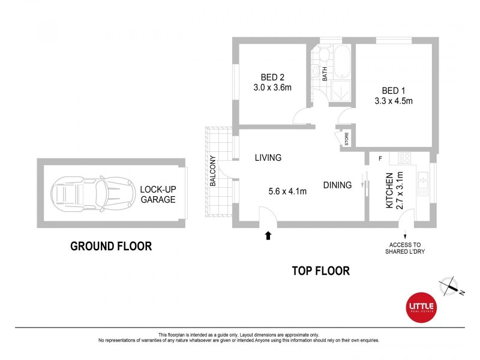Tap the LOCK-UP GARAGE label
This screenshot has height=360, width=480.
[x=158, y=194]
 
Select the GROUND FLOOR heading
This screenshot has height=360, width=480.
[x=111, y=246]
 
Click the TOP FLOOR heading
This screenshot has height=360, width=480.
[x=320, y=271]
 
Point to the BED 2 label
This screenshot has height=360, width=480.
[x=272, y=77]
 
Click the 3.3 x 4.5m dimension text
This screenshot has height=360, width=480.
[x=390, y=101]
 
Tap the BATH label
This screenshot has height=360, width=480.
[x=325, y=74]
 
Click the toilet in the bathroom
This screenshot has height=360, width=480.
[x=322, y=56]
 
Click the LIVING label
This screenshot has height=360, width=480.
[x=268, y=158]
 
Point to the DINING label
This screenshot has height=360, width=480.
[x=337, y=185]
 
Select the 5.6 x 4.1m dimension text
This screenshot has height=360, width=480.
[x=287, y=192]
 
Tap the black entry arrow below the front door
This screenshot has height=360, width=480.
[x=268, y=235]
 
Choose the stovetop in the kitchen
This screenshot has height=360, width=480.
[x=404, y=158]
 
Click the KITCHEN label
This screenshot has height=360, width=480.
[x=389, y=190]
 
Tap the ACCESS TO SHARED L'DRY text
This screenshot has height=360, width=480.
[x=406, y=248]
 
